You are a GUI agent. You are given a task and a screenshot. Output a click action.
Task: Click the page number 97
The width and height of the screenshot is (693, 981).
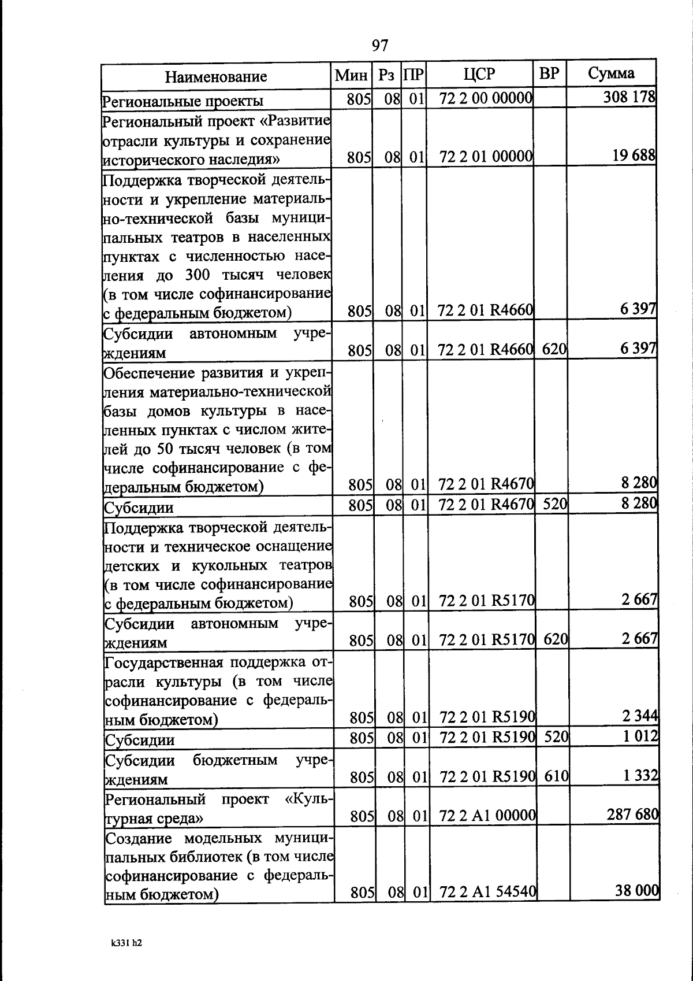(x=379, y=45)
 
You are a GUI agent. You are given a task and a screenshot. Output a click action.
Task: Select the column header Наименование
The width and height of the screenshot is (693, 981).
(x=216, y=76)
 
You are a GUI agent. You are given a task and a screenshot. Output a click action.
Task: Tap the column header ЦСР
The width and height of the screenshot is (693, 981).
(x=479, y=75)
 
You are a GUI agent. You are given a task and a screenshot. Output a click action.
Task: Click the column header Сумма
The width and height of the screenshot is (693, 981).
(x=611, y=73)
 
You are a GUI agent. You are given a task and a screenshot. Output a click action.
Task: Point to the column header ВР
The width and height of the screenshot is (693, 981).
(x=549, y=74)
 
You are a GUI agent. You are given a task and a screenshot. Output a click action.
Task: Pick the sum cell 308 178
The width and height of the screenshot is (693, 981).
(x=629, y=97)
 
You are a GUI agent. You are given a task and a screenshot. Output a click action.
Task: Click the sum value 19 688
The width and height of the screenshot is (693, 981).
(x=634, y=156)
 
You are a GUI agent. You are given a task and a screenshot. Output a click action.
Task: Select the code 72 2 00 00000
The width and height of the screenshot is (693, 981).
(x=485, y=99)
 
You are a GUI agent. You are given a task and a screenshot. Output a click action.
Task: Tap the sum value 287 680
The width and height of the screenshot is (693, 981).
(x=632, y=815)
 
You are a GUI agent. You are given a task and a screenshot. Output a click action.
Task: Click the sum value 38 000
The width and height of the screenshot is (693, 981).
(x=636, y=891)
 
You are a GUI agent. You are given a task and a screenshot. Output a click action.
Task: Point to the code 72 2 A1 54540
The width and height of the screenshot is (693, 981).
(x=488, y=892)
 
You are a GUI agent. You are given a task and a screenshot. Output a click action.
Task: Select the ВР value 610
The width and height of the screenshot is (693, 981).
(x=556, y=776)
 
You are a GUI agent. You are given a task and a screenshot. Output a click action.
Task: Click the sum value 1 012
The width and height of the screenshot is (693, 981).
(x=640, y=736)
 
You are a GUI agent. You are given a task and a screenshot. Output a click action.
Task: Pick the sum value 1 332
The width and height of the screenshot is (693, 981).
(x=640, y=775)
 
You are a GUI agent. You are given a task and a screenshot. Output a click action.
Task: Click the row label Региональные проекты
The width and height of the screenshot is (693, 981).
(x=182, y=101)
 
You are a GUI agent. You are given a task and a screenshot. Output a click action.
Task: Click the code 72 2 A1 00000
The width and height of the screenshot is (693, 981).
(x=487, y=816)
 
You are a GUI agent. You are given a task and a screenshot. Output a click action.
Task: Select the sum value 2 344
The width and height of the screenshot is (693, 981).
(x=640, y=717)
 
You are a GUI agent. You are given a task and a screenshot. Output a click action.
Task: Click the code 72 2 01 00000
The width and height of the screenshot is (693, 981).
(x=485, y=157)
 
